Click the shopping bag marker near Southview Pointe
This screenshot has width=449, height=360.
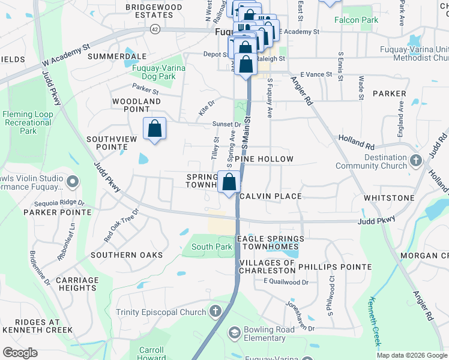(x=154, y=128)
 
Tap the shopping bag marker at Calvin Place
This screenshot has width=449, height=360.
(x=229, y=182)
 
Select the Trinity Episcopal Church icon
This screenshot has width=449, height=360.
(x=216, y=311)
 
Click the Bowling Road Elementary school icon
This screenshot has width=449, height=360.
(x=234, y=332)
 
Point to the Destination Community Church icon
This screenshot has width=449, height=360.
(x=417, y=161)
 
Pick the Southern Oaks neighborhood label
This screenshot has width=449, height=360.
(x=127, y=255)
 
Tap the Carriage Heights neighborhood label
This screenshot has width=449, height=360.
(x=76, y=284)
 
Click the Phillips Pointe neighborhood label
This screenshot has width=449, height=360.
(x=334, y=266)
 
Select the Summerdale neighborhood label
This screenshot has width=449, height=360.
(x=117, y=56)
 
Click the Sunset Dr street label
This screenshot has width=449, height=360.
(x=226, y=125)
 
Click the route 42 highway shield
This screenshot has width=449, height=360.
(x=155, y=28)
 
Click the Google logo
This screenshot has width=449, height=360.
(x=20, y=353)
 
